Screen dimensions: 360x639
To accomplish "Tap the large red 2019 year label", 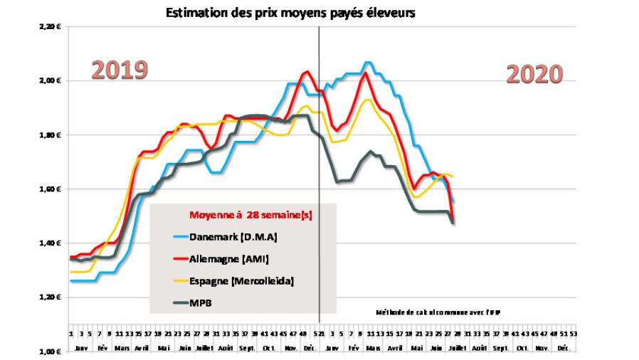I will pos(120,70).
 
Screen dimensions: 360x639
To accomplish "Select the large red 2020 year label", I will pos(534,74).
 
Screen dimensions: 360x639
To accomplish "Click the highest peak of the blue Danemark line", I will pos(368,63).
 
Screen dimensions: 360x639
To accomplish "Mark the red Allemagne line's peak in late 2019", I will pos(307,71).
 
